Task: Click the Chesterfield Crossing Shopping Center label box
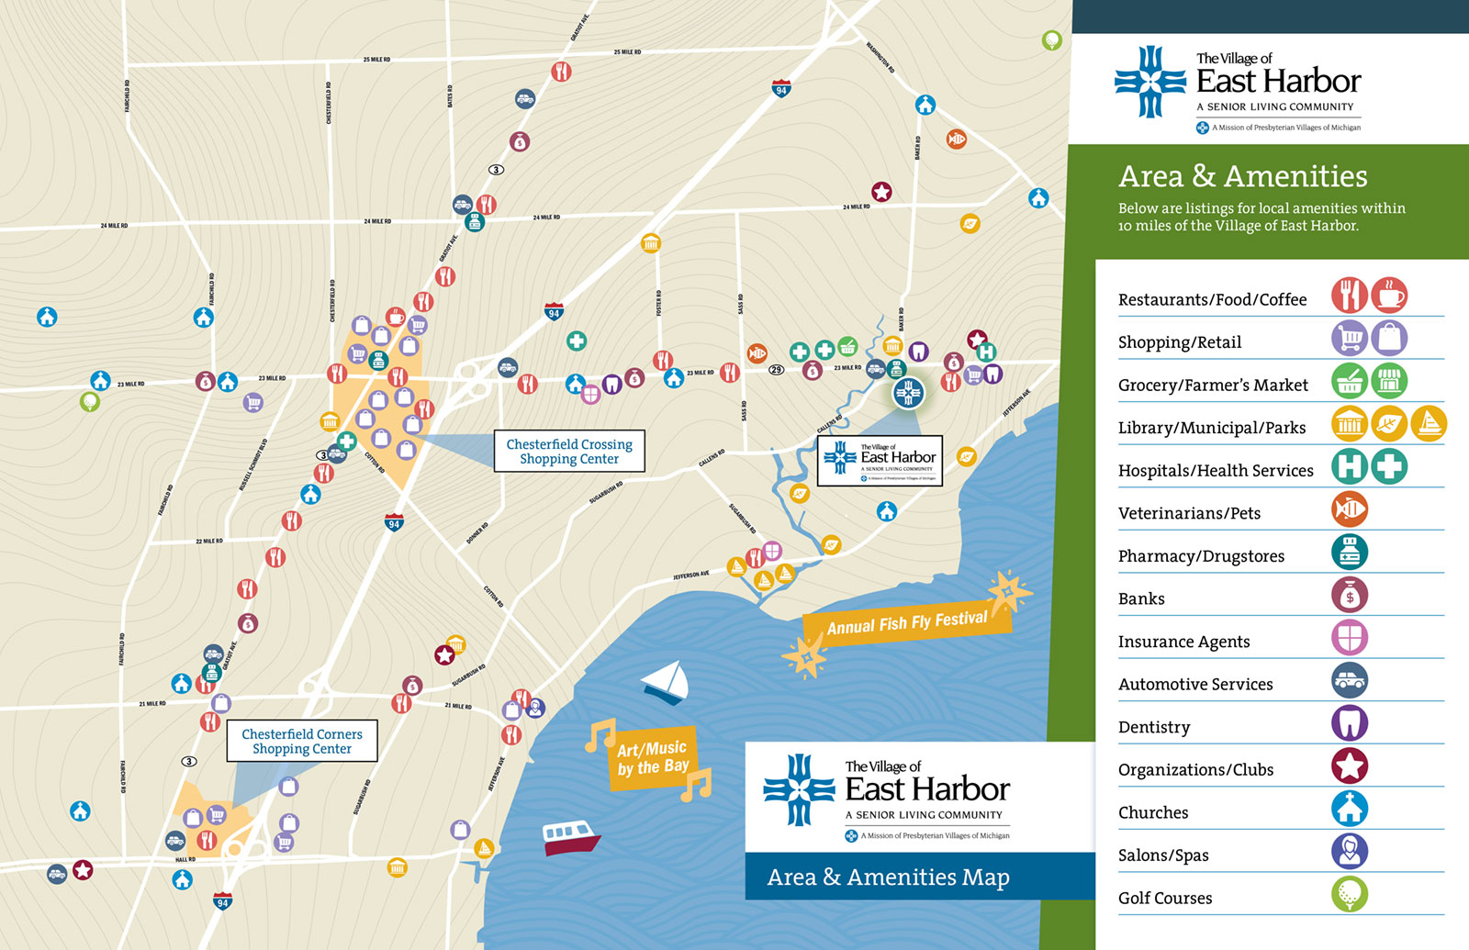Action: coord(569,451)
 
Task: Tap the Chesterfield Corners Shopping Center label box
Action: coord(302,741)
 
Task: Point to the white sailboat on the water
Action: coord(667,684)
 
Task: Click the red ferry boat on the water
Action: coord(570,837)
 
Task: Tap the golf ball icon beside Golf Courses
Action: coord(1350,894)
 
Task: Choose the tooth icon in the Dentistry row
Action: coord(1350,723)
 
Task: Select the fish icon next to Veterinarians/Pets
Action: coord(1350,509)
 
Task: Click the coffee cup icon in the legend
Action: coord(1389,296)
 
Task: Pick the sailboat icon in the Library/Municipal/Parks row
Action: coord(1429,424)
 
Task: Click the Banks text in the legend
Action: coord(1141,598)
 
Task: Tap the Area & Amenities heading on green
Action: coord(1242,176)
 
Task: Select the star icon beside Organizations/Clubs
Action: coord(1350,766)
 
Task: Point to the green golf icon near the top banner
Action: coord(1052,40)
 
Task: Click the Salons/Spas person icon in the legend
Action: coord(1350,851)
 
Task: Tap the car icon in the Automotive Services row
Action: coord(1350,680)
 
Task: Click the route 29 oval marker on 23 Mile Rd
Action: coord(777,370)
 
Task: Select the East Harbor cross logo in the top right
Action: coord(1150,82)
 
